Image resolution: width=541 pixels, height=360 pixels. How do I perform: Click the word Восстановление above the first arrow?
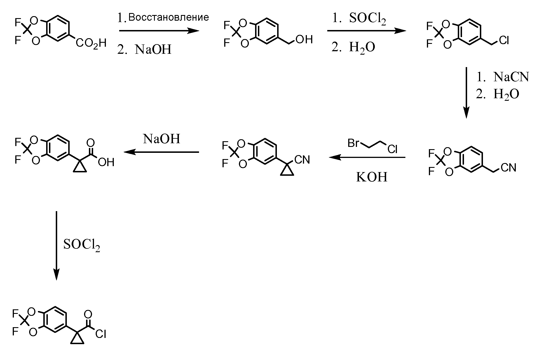(168, 18)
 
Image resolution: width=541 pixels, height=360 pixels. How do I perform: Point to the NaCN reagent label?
(511, 77)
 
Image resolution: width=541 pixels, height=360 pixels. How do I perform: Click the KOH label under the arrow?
(371, 177)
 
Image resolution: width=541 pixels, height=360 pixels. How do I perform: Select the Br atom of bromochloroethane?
(354, 143)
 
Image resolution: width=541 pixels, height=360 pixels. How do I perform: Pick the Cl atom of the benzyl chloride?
(504, 41)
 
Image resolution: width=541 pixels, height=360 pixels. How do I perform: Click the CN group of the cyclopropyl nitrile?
(302, 160)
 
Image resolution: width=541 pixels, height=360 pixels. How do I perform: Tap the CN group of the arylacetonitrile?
(508, 168)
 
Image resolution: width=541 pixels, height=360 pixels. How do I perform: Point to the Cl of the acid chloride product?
(100, 334)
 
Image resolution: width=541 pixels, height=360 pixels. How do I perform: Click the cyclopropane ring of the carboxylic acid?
(80, 168)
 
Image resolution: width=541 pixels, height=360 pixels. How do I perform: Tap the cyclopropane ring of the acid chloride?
(77, 340)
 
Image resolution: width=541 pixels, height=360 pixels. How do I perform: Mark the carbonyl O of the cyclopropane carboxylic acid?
(91, 142)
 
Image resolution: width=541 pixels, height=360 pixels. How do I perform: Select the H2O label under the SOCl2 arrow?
(362, 47)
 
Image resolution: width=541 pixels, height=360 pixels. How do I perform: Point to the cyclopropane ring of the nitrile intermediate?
(287, 171)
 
